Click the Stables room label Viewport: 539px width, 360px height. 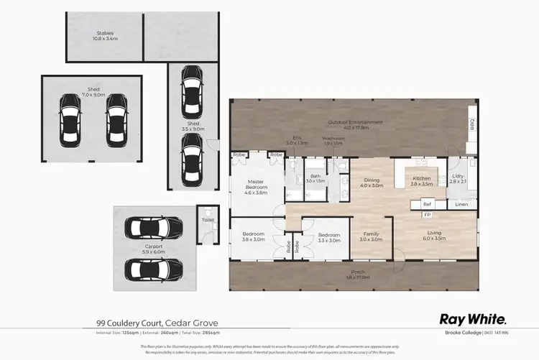pyautogui.click(x=106, y=36)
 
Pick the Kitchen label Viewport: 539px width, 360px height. pyautogui.click(x=422, y=180)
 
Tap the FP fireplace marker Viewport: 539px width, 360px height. pyautogui.click(x=427, y=215)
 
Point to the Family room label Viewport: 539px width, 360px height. pyautogui.click(x=372, y=236)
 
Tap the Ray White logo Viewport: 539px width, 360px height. pyautogui.click(x=473, y=318)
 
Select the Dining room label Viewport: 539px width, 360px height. pyautogui.click(x=372, y=183)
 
